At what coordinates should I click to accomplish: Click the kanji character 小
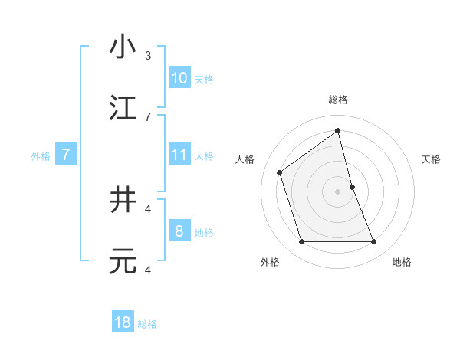(x=123, y=47)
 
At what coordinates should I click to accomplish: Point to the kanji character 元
(x=123, y=262)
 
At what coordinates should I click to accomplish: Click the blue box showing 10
(x=179, y=78)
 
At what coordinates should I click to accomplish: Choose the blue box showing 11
(x=179, y=155)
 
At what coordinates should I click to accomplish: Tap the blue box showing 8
(x=179, y=231)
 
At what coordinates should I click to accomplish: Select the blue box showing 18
(x=123, y=322)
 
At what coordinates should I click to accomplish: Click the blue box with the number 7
(x=66, y=155)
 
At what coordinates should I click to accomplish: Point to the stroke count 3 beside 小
(x=148, y=56)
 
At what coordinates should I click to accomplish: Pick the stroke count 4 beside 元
(x=148, y=270)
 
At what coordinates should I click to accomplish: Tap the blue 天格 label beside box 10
(x=204, y=79)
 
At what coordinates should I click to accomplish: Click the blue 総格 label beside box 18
(x=147, y=324)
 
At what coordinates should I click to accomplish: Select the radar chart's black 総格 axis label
(x=338, y=100)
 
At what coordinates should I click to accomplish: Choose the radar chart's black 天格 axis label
(x=432, y=159)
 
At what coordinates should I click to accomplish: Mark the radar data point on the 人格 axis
(x=280, y=172)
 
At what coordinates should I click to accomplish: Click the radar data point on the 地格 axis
(x=374, y=242)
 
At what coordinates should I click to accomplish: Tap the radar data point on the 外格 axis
(x=301, y=242)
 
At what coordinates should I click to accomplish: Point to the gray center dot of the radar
(x=338, y=191)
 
